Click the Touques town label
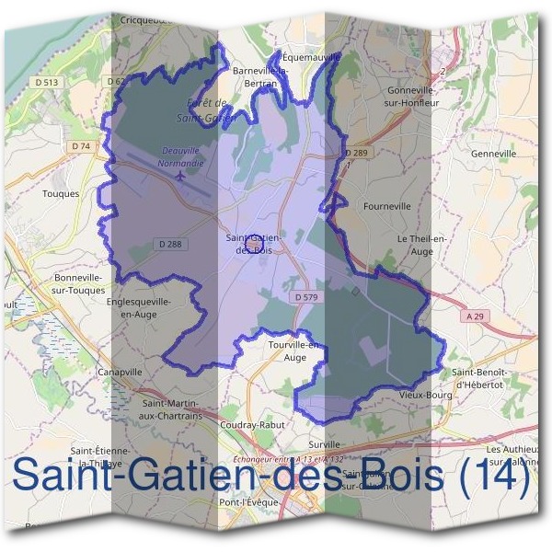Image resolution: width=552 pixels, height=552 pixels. [x=62, y=194]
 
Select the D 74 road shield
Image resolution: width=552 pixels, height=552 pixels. [x=81, y=146]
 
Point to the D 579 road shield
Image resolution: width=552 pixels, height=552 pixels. [x=307, y=297]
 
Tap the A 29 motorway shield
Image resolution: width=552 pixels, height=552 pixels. [x=475, y=316]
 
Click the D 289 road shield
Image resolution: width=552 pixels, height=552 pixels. [x=355, y=152]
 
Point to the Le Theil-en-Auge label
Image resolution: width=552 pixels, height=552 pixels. [x=421, y=243]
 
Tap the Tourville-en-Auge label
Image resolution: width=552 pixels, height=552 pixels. [x=295, y=351]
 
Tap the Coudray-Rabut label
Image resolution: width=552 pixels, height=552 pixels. [x=253, y=425]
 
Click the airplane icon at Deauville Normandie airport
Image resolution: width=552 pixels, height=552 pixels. [x=179, y=174]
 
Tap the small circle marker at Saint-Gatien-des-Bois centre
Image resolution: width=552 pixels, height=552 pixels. [x=257, y=241]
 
